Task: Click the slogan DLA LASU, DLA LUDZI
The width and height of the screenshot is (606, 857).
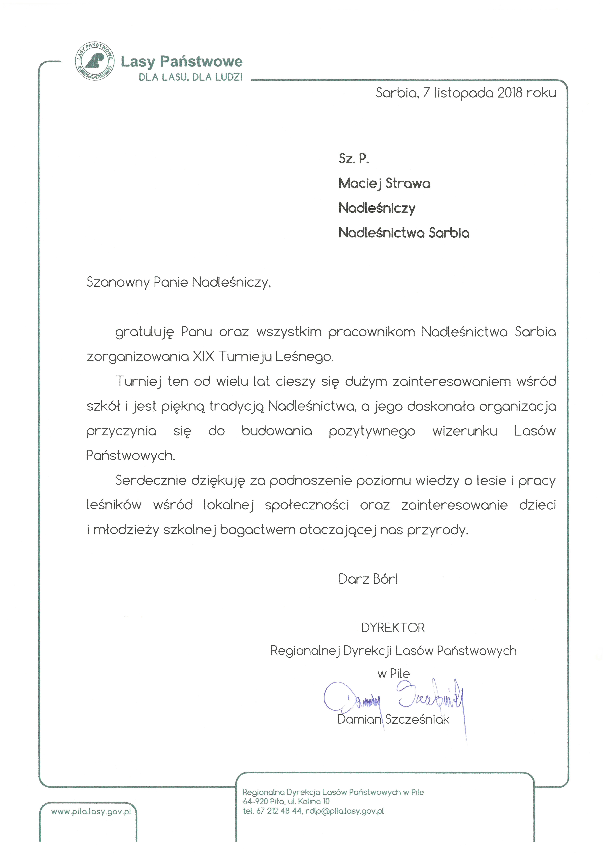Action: pos(190,77)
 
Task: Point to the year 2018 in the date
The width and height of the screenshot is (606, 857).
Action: pos(510,93)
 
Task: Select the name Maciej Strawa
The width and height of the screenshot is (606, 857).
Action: pos(384,183)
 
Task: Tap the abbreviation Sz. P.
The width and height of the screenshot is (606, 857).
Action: pos(353,159)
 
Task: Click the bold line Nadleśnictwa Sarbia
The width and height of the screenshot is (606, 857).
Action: pos(404,233)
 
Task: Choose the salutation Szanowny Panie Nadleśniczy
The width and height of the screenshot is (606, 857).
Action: pos(179,282)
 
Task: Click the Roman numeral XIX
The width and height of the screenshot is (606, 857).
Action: pos(204,356)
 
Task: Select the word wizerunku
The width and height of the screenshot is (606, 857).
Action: pos(465,431)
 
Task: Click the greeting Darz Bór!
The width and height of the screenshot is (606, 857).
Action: pos(368,579)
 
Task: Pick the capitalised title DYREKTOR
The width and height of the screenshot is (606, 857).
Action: pos(393,628)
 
